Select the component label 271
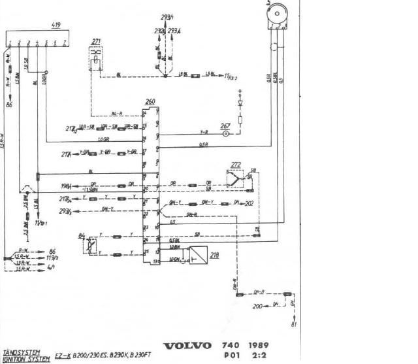(x=96, y=41)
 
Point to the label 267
(x=225, y=125)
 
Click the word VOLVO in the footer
(x=187, y=346)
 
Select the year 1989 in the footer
(x=258, y=345)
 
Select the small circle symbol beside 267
(x=226, y=134)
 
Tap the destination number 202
(x=249, y=203)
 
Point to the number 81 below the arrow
(x=294, y=325)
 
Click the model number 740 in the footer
(x=229, y=345)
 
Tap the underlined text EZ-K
(x=64, y=357)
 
